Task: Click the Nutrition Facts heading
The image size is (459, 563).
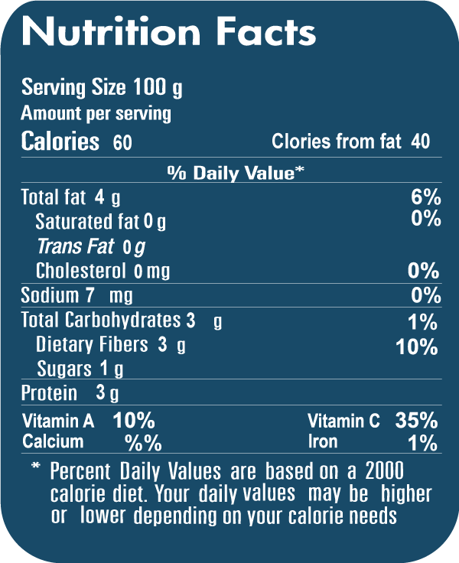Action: pyautogui.click(x=168, y=32)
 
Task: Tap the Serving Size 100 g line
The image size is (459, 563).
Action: pyautogui.click(x=102, y=88)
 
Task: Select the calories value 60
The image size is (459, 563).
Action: pyautogui.click(x=122, y=142)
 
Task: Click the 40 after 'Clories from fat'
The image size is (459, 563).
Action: pyautogui.click(x=420, y=142)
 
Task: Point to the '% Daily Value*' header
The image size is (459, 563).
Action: pyautogui.click(x=236, y=173)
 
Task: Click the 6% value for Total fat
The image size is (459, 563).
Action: pyautogui.click(x=426, y=197)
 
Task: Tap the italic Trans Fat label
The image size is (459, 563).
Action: pyautogui.click(x=76, y=246)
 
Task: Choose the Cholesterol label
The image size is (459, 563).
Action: pyautogui.click(x=83, y=271)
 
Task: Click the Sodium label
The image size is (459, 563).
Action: pyautogui.click(x=49, y=295)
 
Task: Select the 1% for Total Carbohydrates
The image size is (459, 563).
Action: pyautogui.click(x=422, y=321)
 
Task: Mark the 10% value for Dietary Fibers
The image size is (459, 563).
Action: pyautogui.click(x=417, y=347)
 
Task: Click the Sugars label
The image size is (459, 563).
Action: pyautogui.click(x=64, y=369)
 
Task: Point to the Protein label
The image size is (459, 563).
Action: pyautogui.click(x=49, y=393)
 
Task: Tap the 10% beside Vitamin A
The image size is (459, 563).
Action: pyautogui.click(x=134, y=420)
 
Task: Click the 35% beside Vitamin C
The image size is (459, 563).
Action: pyautogui.click(x=416, y=420)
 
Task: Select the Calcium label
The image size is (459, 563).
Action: pyautogui.click(x=53, y=442)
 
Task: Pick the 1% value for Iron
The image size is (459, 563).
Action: pyautogui.click(x=422, y=443)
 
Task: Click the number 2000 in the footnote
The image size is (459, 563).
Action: pyautogui.click(x=385, y=470)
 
